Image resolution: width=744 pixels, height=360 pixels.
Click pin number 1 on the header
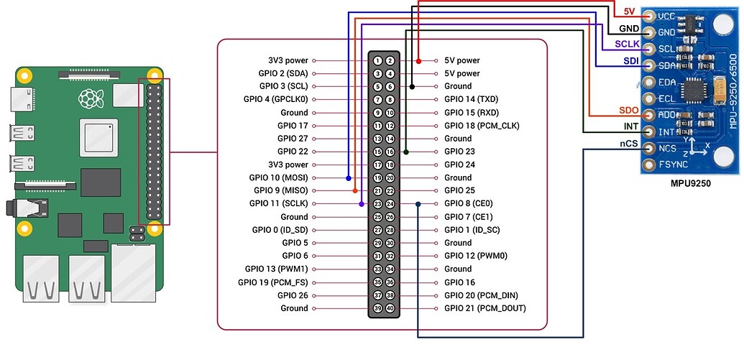point(377,61)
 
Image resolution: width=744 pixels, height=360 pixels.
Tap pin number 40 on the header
point(390,308)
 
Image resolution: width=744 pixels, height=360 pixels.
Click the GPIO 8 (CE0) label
point(468,204)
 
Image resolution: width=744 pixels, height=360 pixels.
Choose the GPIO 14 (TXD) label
point(471,100)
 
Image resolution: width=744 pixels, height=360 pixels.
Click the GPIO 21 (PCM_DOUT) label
point(484,308)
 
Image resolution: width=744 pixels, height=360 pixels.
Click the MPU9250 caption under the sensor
point(689,184)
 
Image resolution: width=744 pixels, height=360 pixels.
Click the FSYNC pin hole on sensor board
point(651,165)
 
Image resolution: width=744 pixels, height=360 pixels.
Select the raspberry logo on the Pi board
point(90,97)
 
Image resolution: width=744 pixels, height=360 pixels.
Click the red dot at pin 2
point(419,61)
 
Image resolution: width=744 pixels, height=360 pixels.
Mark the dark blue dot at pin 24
point(418,204)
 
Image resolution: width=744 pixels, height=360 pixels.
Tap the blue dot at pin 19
point(349,177)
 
